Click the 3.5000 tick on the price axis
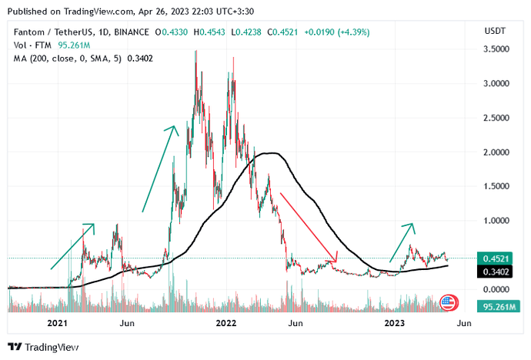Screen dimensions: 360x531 pos(494,49)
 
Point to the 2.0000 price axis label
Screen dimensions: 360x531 pos(494,152)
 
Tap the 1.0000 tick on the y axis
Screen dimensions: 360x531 pos(494,221)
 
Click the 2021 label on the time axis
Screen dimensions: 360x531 pos(58,324)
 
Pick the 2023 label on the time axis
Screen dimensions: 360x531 pos(395,324)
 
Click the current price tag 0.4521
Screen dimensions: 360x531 pos(494,258)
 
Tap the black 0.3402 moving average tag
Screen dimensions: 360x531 pos(494,271)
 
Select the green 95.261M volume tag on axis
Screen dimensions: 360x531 pos(493,305)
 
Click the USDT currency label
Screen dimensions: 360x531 pos(493,31)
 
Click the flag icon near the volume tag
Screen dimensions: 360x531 pos(449,302)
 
